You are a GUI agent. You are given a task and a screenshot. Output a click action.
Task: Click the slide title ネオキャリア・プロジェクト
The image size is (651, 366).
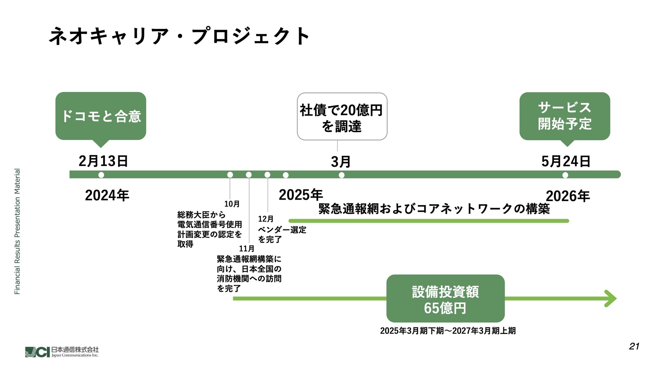coord(179,36)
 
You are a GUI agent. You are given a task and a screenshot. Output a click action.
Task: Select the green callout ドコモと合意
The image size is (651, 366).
coord(101,116)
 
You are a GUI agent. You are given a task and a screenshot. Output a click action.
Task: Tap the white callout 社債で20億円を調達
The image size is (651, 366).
coord(342,117)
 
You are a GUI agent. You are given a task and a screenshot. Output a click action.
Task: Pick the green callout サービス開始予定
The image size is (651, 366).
coord(565,116)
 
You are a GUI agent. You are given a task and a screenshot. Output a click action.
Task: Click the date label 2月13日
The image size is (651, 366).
coord(103,161)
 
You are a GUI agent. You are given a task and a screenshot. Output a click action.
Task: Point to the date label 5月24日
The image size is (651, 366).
coord(566,161)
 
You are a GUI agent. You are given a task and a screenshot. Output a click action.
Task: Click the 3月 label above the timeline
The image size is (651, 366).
coord(340,162)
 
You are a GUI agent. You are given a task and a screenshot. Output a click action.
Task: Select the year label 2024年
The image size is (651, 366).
coord(107,196)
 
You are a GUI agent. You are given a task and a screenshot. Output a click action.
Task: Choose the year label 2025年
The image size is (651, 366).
coord(301,195)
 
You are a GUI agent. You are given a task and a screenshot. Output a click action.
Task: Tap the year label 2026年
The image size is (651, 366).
coord(568,196)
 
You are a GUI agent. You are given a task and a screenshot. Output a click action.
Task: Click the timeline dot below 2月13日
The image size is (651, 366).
coord(101,175)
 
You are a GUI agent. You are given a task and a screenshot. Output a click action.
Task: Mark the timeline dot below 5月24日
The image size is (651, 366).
coord(565,175)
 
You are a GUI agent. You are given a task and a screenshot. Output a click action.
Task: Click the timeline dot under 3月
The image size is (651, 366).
coord(341,175)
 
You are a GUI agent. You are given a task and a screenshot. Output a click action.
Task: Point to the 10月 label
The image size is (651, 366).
coord(232,204)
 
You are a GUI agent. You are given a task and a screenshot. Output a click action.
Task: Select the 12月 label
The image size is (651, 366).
coord(265,219)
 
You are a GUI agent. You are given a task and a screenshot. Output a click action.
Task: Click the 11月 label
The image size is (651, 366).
coord(246,249)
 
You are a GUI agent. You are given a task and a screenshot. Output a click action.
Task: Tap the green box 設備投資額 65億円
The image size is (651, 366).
coord(445,299)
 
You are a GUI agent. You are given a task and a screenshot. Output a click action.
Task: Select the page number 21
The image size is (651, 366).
coord(634,346)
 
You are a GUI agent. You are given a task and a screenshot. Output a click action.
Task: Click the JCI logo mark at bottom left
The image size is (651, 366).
coord(37,352)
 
